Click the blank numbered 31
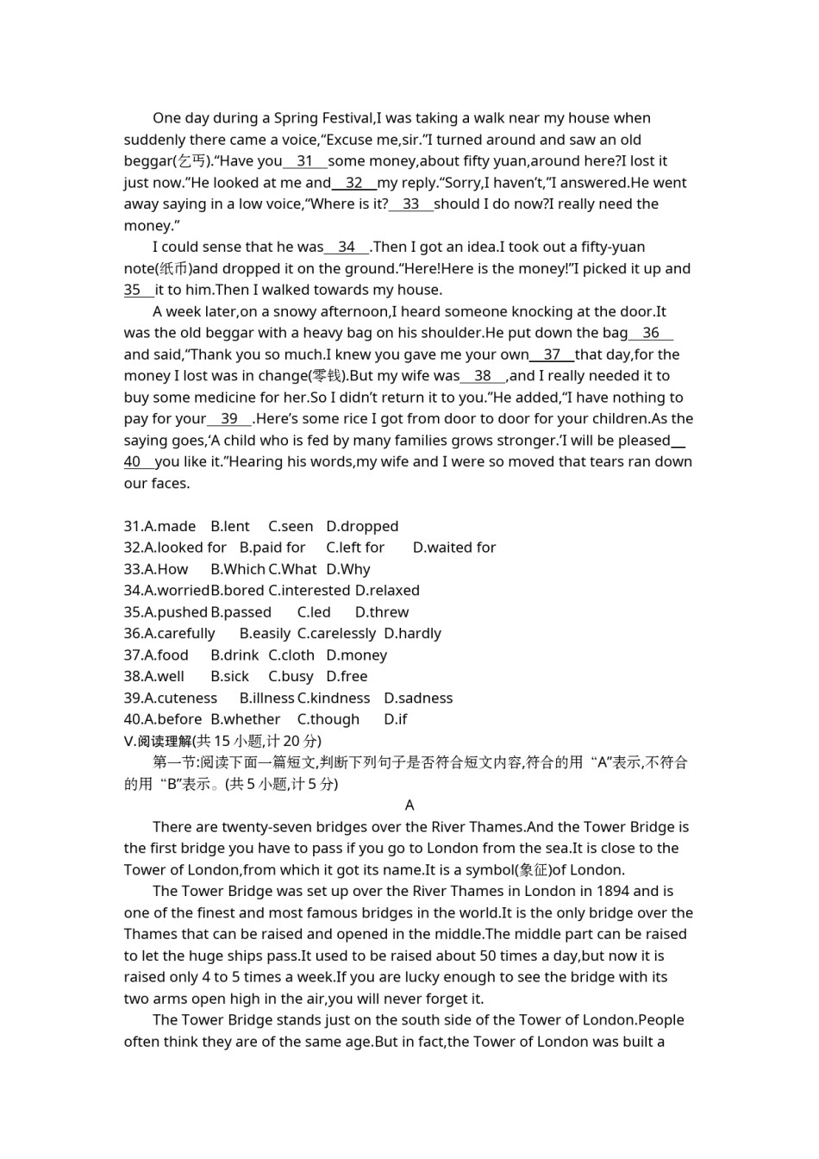(x=304, y=161)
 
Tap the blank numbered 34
(x=347, y=247)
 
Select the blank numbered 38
(x=483, y=376)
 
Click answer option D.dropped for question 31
(x=362, y=526)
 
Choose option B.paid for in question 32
(x=272, y=548)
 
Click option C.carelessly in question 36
(x=336, y=634)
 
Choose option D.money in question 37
(x=356, y=655)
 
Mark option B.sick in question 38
(x=229, y=677)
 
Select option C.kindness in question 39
(x=334, y=699)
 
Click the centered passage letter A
(x=409, y=805)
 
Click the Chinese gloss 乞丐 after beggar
(x=192, y=161)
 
